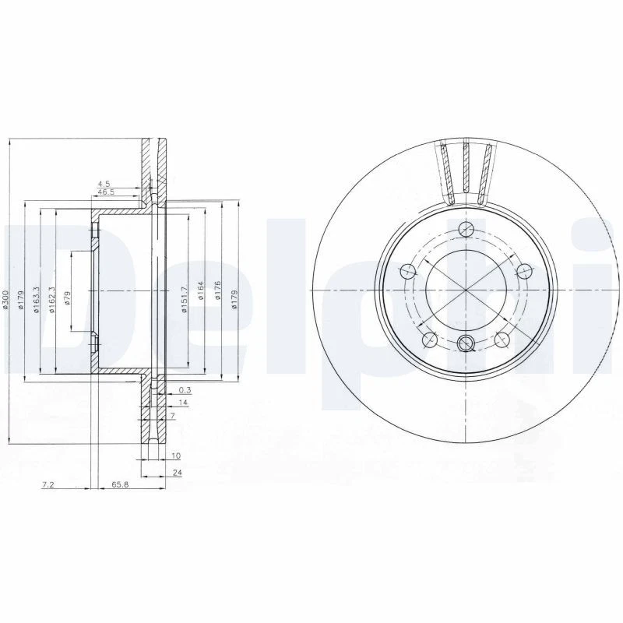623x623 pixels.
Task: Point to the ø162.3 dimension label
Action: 52,300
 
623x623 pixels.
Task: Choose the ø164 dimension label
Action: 201,292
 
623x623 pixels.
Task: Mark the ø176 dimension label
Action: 217,292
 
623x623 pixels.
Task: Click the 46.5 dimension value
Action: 105,191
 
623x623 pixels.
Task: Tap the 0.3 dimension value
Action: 185,389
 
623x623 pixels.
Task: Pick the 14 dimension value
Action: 183,403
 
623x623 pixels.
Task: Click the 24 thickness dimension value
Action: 178,473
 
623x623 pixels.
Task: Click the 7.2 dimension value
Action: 48,484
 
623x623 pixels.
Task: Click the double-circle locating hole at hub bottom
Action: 466,343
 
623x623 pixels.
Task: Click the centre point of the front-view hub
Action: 466,290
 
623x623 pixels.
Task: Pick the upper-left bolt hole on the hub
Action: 407,271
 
